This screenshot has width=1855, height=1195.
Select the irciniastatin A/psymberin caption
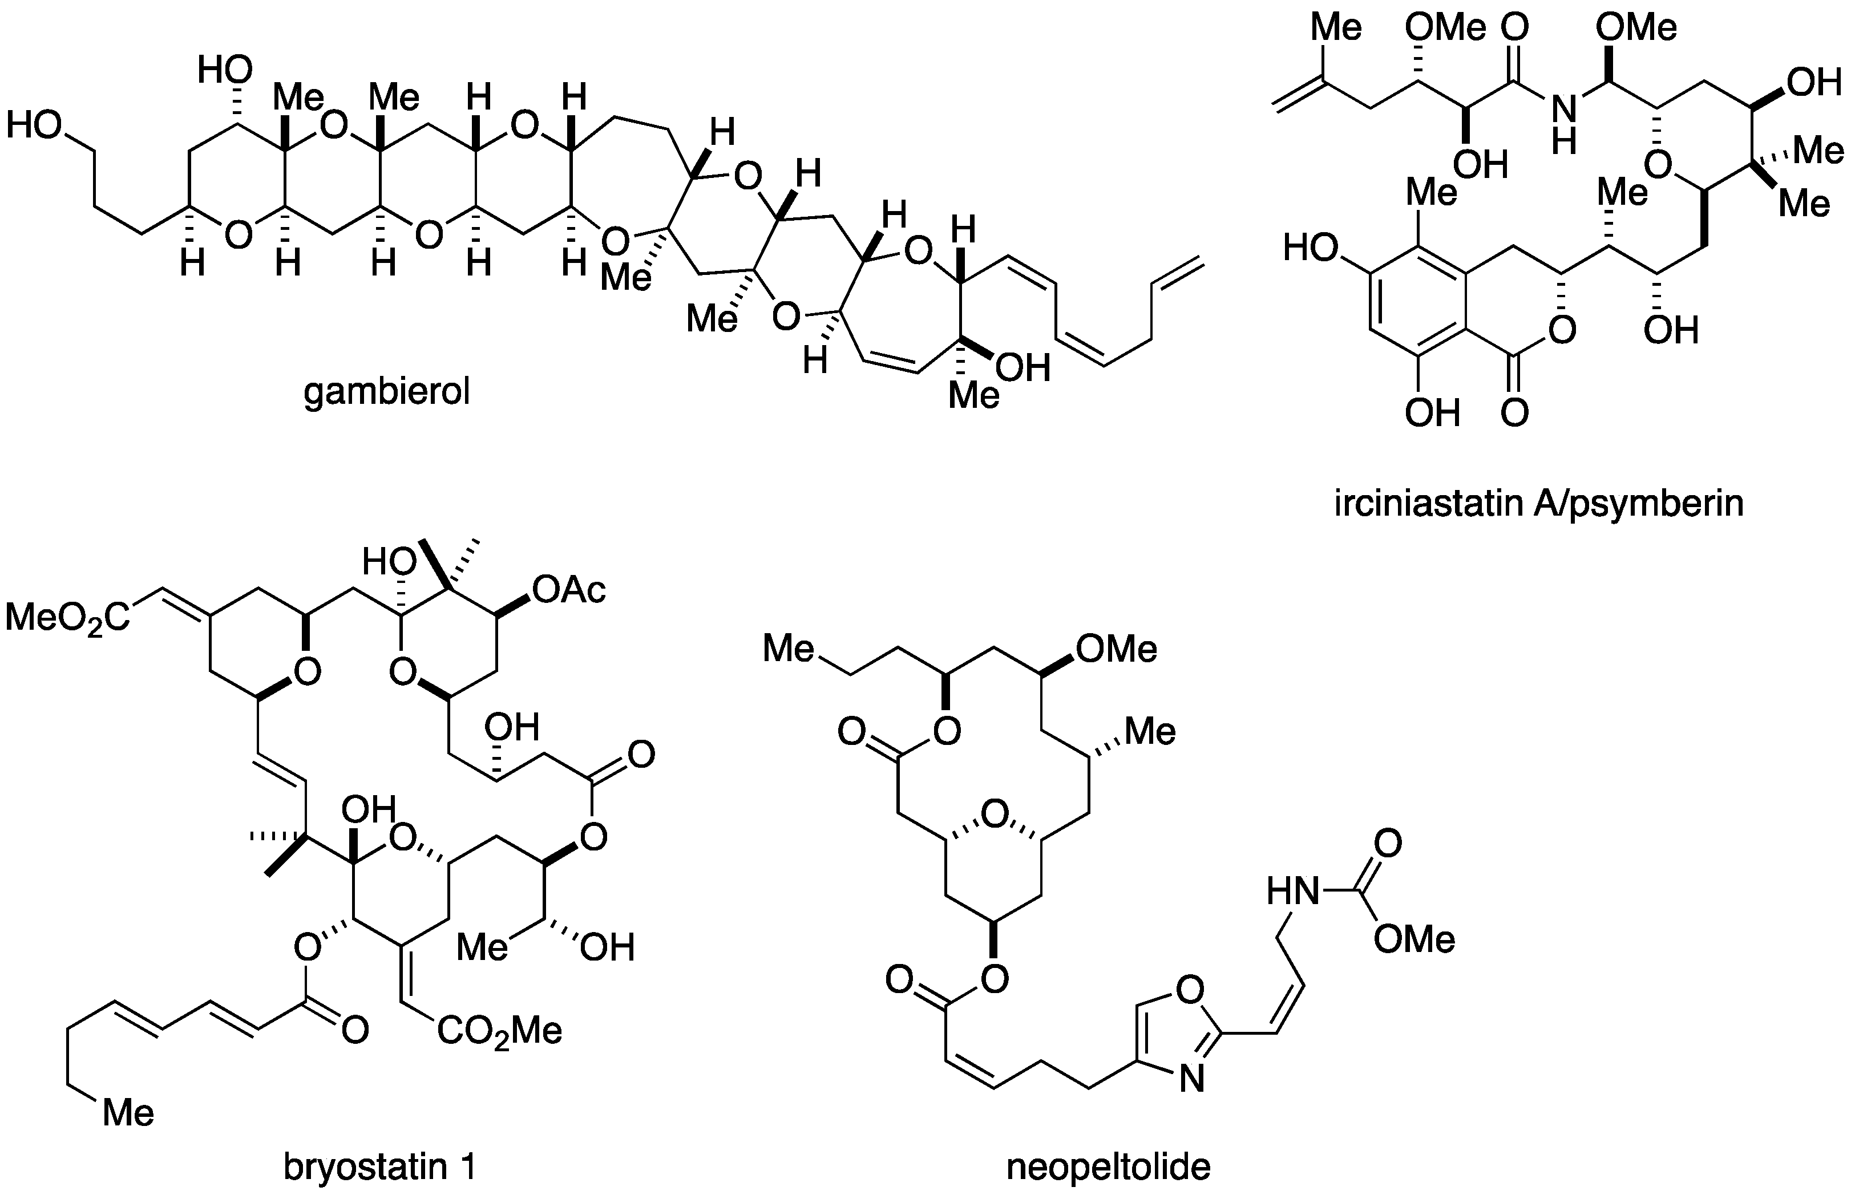tap(1539, 504)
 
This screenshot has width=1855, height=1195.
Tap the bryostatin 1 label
tap(379, 1167)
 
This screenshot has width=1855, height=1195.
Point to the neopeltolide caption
tap(1108, 1167)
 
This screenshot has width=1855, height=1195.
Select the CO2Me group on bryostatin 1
tap(499, 1031)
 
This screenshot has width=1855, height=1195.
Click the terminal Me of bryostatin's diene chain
tap(129, 1113)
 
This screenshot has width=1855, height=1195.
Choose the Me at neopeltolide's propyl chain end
tap(789, 649)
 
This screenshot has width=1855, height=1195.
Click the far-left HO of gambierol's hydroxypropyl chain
tap(33, 125)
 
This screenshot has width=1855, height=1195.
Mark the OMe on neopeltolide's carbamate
tap(1414, 939)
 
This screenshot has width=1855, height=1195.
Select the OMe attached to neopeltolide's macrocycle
tap(1117, 649)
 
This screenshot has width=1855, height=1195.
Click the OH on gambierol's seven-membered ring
tap(1022, 368)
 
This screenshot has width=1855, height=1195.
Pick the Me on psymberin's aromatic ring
tap(1432, 192)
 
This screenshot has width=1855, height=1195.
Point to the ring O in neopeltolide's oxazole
tap(1190, 989)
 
